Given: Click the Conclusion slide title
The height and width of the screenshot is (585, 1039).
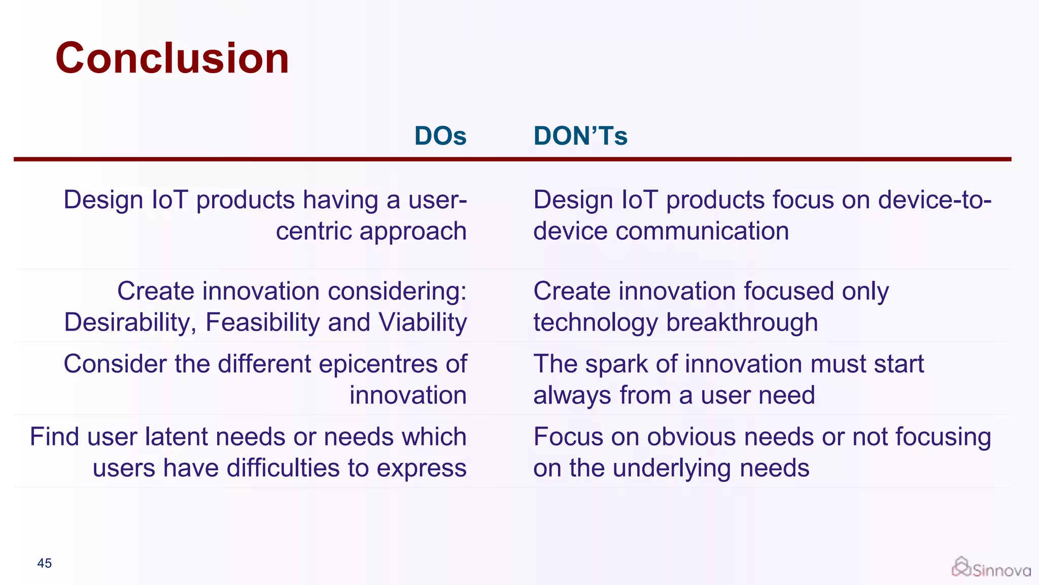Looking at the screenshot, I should [x=172, y=58].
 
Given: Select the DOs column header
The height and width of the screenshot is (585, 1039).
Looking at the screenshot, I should [x=440, y=136].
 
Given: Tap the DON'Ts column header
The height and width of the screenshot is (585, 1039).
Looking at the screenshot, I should [x=580, y=136].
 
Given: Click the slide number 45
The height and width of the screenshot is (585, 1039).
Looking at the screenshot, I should [x=45, y=563].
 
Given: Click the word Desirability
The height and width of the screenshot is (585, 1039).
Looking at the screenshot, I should [x=130, y=323].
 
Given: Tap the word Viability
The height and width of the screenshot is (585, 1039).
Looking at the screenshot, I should [x=423, y=323].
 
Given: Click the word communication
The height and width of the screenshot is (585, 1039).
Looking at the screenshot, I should [x=702, y=232].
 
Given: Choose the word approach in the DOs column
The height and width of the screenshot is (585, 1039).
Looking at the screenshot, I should [x=413, y=232].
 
